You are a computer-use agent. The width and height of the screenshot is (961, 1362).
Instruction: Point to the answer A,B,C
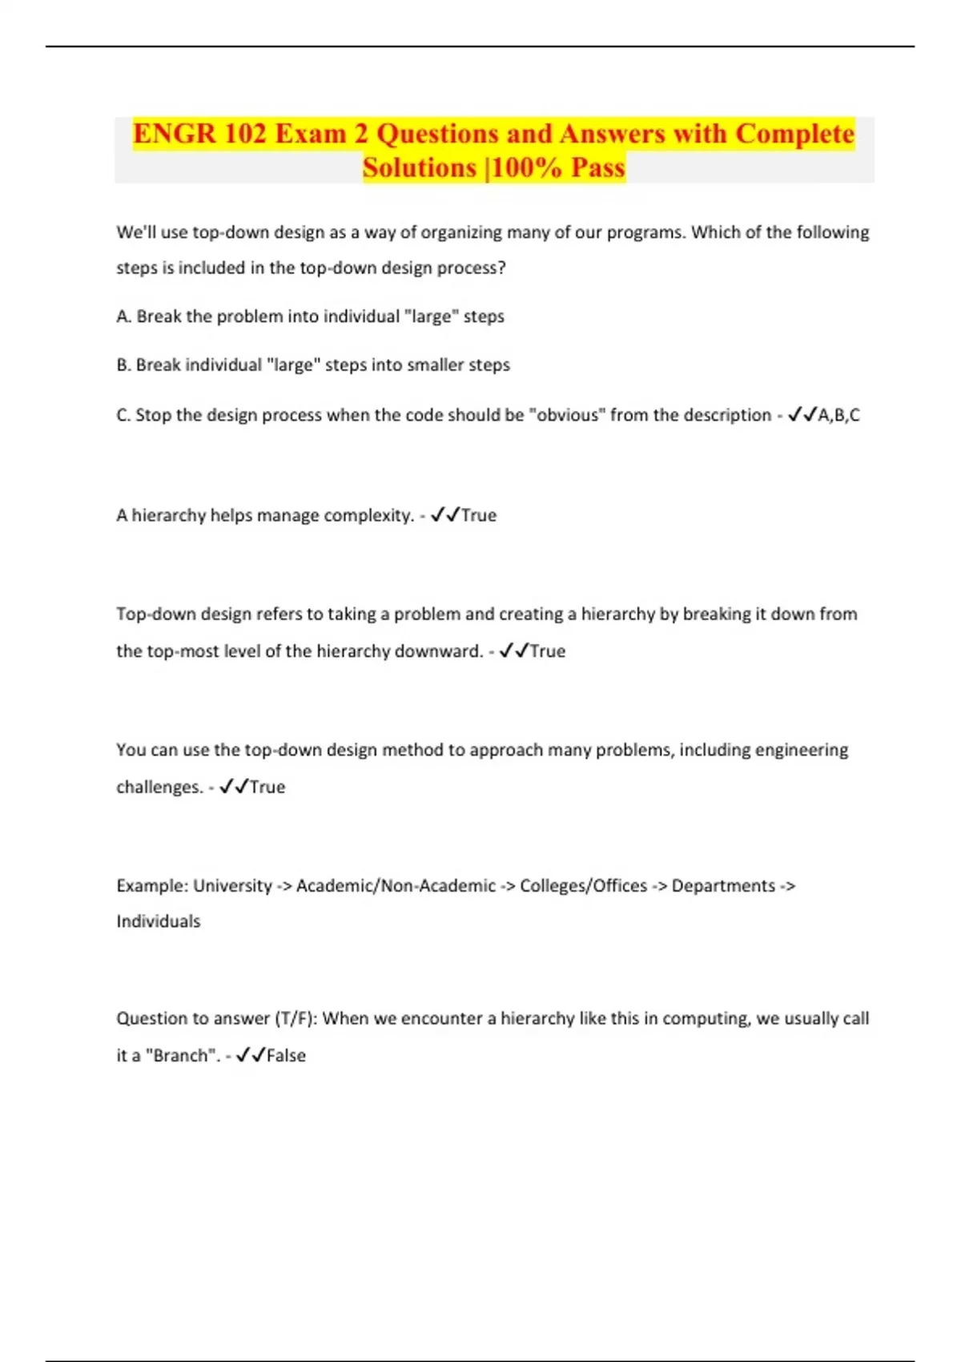[x=838, y=415]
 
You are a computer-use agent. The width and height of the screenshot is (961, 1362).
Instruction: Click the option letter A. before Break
[x=124, y=316]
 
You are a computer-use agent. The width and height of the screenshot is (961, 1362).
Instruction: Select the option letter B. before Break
[x=124, y=365]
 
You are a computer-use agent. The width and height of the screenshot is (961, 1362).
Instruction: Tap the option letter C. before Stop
[x=124, y=415]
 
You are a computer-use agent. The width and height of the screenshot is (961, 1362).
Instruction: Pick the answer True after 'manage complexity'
[x=479, y=515]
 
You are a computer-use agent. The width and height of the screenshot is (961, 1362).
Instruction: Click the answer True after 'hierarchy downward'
[x=548, y=651]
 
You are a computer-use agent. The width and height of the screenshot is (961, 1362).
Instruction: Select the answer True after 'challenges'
[x=267, y=787]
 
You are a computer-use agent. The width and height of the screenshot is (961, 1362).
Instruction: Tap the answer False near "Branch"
[x=286, y=1055]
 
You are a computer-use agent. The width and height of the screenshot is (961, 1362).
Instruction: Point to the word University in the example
[x=233, y=886]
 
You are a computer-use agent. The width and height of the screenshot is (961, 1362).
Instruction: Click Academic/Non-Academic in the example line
[x=396, y=886]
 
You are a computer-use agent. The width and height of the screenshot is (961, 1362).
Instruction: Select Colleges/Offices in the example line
[x=583, y=886]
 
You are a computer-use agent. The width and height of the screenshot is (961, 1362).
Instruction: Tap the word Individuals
[x=159, y=921]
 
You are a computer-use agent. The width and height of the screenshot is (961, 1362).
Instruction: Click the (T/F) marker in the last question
[x=296, y=1019]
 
